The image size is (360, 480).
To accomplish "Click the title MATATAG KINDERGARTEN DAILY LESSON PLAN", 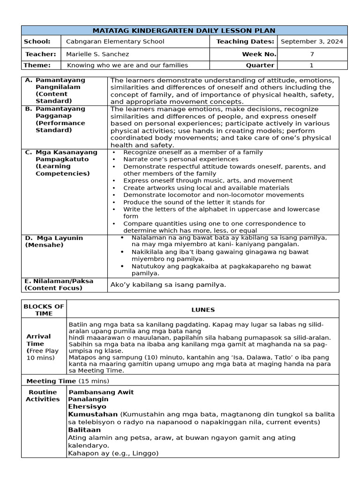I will pos(184,30).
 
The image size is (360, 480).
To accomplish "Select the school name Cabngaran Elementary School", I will pos(115,42).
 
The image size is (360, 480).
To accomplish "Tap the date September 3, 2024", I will pos(312,42).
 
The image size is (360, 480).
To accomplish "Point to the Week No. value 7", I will pos(312,54).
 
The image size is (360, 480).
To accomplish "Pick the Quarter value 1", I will pos(312,65).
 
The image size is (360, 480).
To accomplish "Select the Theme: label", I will pos(37,65).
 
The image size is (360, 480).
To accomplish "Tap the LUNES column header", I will pos(202,310).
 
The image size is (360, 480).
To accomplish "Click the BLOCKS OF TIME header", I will pos(44,310).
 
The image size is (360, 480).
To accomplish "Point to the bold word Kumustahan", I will pos(93,414).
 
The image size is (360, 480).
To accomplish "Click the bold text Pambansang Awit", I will pos(101,392).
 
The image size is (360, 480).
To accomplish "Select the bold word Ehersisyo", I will pos(87,407).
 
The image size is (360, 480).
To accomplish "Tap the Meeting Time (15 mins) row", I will pos(67,381).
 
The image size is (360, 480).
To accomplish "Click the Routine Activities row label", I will pos(43,396).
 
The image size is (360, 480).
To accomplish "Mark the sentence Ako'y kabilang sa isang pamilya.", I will pos(168,285).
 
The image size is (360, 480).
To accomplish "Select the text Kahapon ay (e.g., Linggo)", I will pos(113,453).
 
